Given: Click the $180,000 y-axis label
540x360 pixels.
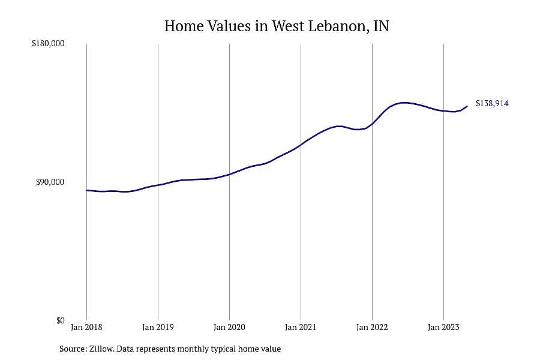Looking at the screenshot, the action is (x=48, y=44).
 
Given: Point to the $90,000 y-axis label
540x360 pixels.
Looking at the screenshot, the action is (x=50, y=182).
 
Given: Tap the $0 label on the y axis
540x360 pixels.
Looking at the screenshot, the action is (x=60, y=321).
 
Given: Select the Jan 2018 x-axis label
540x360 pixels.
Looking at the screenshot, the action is (x=86, y=327).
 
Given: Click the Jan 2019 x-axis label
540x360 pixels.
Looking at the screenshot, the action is (x=158, y=327).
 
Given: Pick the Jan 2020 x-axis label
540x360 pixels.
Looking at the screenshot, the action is (x=229, y=327).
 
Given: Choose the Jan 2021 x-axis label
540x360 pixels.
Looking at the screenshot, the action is (x=301, y=327).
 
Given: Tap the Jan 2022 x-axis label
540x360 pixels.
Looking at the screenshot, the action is (x=372, y=327).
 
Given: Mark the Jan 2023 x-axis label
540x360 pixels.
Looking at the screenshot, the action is (x=443, y=327).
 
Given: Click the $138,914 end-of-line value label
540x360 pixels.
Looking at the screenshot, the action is (x=492, y=103).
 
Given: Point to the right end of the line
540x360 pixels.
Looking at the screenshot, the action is (x=467, y=106).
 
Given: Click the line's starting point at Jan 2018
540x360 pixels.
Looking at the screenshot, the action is (x=87, y=190).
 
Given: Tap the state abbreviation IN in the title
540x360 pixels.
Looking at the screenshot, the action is (x=381, y=26).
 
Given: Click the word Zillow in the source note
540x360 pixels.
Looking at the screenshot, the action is (x=101, y=349).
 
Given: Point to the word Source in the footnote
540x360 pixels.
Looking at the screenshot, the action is (x=73, y=349).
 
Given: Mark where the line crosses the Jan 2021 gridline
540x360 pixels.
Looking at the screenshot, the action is (x=301, y=145).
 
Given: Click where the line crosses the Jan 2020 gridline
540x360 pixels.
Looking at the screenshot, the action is (x=229, y=175).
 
